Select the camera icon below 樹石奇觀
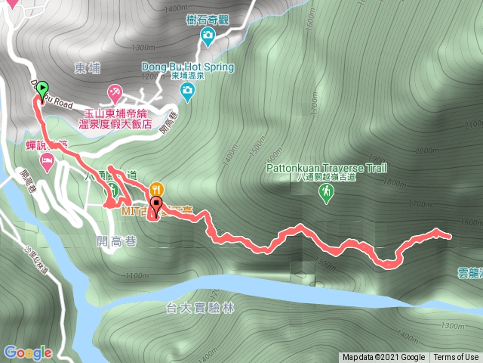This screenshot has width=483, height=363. [208, 35]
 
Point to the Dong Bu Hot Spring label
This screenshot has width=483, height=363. [187, 66]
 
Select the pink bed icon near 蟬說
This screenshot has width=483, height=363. [47, 160]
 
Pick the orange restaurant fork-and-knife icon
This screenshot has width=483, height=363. [156, 188]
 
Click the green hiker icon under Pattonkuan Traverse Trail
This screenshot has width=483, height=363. [325, 194]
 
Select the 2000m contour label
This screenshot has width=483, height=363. [426, 150]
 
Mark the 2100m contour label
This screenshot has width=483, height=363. [472, 125]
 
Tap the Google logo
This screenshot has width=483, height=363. [28, 352]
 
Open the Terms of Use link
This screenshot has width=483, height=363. [456, 358]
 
